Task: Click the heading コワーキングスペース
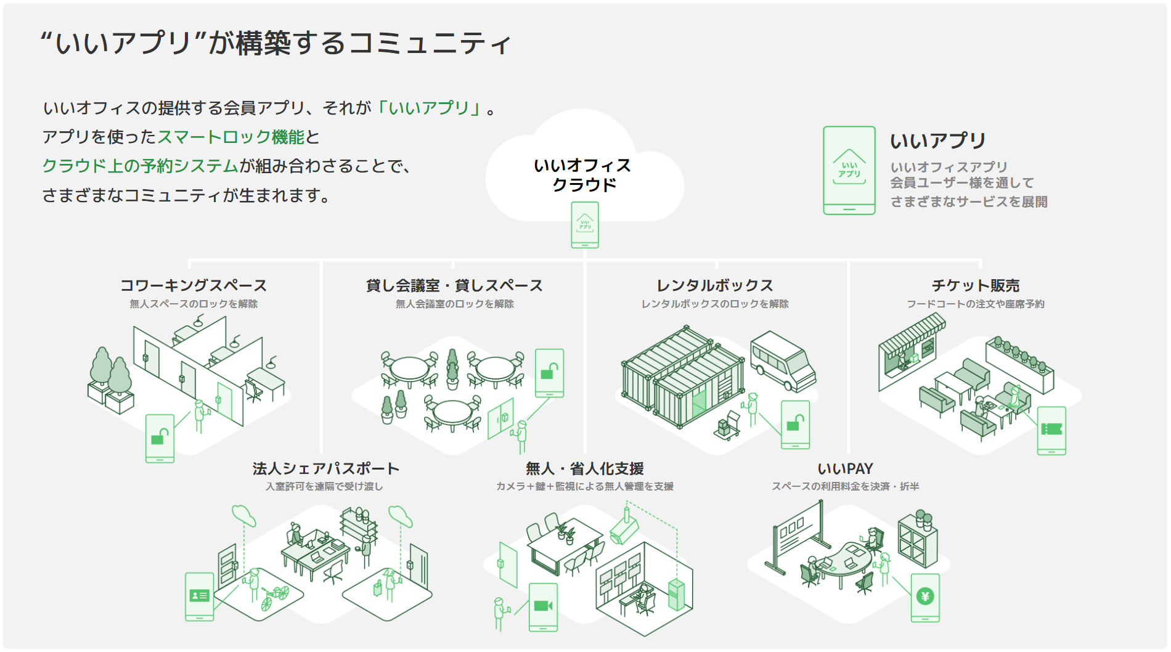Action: tap(194, 285)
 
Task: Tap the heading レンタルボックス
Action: tap(714, 285)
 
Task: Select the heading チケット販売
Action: tap(975, 285)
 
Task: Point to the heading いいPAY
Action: tap(845, 468)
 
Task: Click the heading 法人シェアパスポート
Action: tap(325, 468)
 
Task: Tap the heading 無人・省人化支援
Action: tap(584, 468)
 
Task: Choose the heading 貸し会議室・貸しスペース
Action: tap(454, 285)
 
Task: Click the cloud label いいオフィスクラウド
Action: tap(583, 175)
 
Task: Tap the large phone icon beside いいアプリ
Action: tap(849, 170)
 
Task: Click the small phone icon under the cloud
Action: tap(585, 225)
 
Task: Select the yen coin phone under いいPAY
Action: tap(925, 597)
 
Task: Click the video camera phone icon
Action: tap(543, 607)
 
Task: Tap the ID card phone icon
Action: tap(199, 596)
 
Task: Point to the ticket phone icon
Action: tap(1051, 430)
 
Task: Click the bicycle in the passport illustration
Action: tap(274, 596)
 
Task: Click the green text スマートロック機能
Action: tap(231, 137)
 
